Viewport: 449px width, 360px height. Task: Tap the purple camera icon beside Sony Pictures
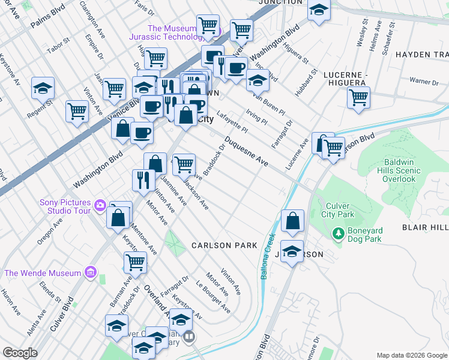100,206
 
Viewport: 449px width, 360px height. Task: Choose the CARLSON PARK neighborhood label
224,245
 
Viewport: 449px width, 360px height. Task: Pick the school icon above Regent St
43,87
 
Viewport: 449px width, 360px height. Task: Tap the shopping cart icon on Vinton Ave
77,111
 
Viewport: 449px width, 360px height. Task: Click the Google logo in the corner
20,353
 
